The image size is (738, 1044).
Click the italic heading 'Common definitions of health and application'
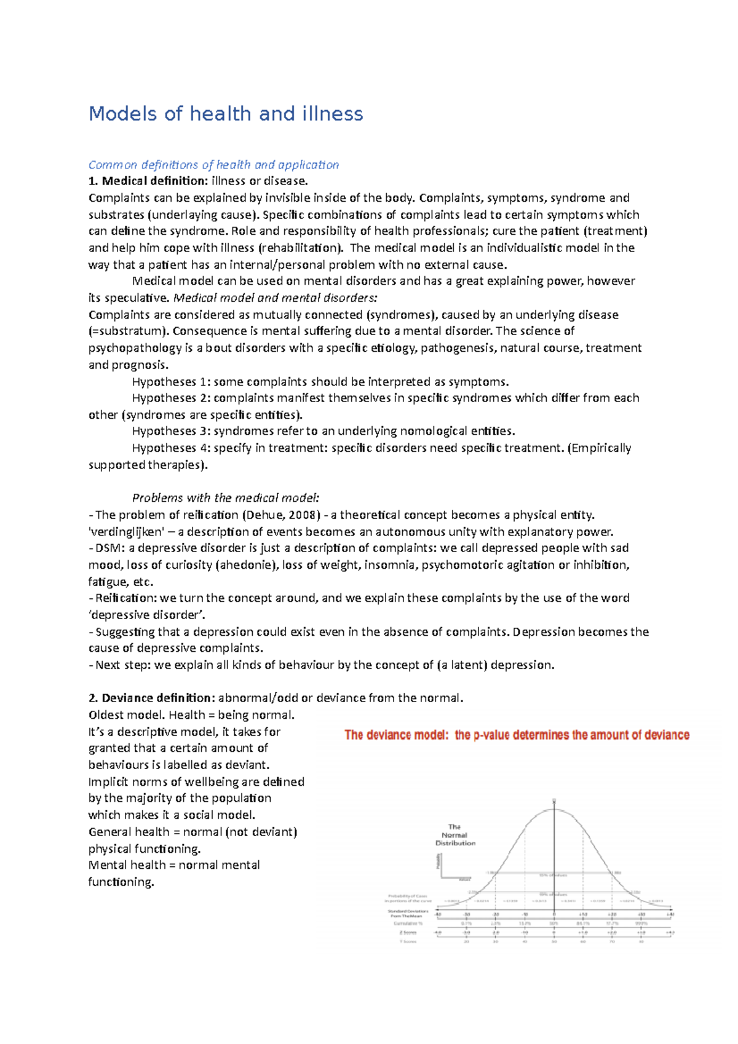point(213,165)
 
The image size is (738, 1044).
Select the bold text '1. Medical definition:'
point(148,181)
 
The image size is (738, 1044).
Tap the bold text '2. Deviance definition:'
point(152,698)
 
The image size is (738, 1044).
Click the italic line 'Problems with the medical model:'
point(226,498)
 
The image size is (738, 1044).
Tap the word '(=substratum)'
point(128,331)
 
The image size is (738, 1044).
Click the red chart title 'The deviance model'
point(396,735)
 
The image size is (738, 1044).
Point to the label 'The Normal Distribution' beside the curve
point(455,835)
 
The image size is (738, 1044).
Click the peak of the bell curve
point(555,809)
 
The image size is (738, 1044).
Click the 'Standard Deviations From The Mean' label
point(408,913)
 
